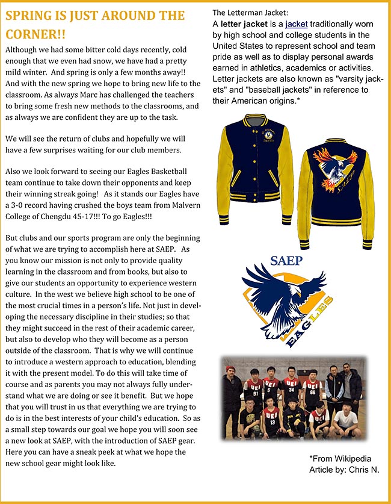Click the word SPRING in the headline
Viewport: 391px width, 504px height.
click(x=30, y=15)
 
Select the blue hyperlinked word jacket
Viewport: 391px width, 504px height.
click(x=296, y=24)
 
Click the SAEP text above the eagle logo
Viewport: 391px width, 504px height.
click(x=286, y=261)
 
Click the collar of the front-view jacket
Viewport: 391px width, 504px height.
click(x=256, y=119)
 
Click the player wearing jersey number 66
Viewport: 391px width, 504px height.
click(x=312, y=388)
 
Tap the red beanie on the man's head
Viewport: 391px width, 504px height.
click(x=230, y=369)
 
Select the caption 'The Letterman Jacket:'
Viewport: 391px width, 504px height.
click(x=250, y=12)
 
